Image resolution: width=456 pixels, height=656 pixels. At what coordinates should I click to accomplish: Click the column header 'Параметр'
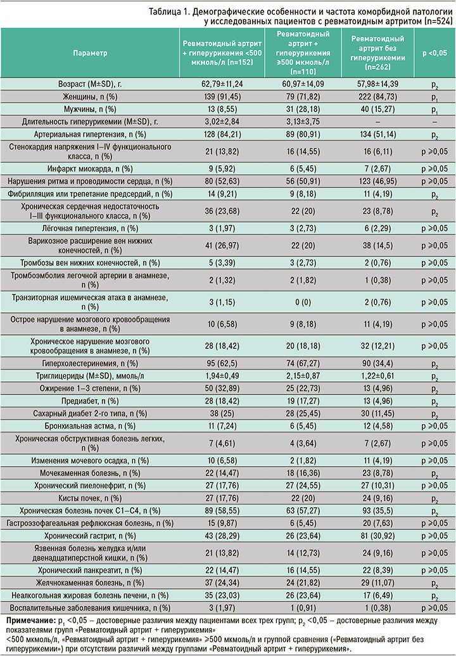point(90,54)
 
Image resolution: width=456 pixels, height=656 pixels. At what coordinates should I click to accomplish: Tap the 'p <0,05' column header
point(434,54)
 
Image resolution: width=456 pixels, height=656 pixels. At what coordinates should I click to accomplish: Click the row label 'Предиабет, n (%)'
point(90,400)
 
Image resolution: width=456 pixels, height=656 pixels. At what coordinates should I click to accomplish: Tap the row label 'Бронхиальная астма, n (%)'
point(90,425)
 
